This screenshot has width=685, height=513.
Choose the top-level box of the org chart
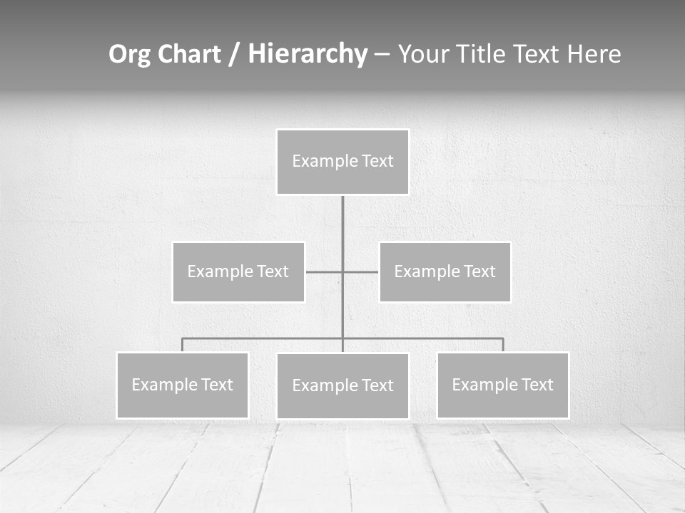coord(342,162)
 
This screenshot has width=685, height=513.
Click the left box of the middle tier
coord(238,271)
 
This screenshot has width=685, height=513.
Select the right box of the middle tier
coord(445,271)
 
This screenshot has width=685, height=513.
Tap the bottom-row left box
coord(182,385)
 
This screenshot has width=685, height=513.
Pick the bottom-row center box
coord(342,386)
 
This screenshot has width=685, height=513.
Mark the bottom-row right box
coord(502,385)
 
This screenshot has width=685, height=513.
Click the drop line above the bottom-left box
coord(182,345)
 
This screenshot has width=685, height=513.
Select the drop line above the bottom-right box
coord(502,345)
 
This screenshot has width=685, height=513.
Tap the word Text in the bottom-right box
coord(537,385)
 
